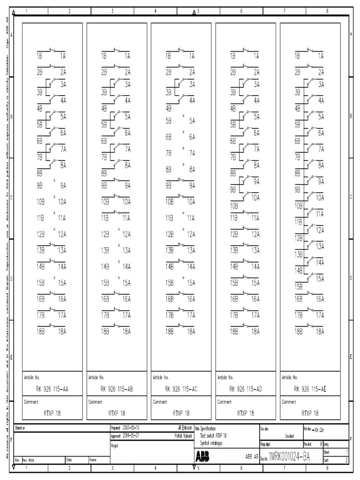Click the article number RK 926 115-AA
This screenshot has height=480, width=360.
pos(52,388)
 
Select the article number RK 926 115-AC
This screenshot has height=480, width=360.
pos(181,388)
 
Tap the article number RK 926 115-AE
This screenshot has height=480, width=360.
pos(310,388)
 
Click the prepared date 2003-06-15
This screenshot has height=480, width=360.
pos(131,428)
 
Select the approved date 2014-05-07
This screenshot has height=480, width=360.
pos(131,435)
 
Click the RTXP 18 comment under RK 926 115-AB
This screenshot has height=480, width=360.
pos(117,413)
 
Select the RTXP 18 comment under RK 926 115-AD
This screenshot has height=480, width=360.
pos(246,413)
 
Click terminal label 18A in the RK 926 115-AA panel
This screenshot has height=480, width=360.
pos(62,331)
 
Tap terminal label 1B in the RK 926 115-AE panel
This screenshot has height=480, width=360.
pos(297,56)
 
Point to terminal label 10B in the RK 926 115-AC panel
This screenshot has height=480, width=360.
pos(170,202)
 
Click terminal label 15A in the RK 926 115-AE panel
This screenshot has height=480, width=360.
pos(320,278)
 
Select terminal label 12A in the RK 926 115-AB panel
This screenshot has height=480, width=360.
pos(127,234)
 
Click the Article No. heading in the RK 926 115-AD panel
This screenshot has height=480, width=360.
pos(226,377)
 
